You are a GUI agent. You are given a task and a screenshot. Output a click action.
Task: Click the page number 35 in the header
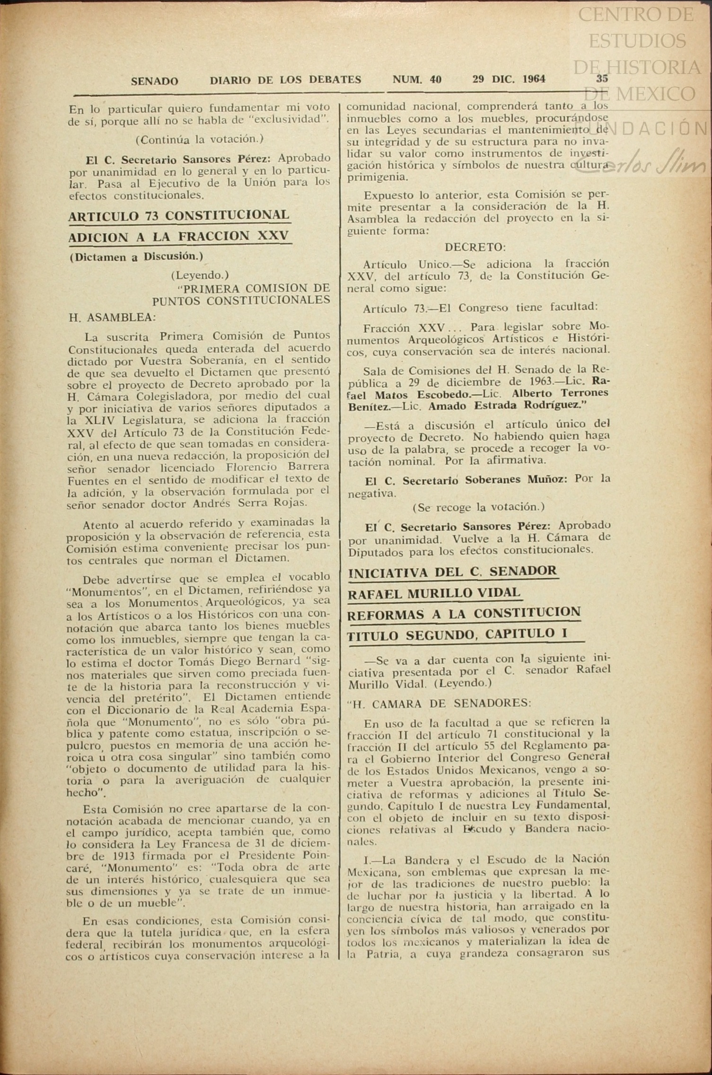point(602,79)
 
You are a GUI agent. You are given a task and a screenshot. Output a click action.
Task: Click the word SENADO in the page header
point(155,81)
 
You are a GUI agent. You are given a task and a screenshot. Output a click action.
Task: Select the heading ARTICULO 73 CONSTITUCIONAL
point(179,216)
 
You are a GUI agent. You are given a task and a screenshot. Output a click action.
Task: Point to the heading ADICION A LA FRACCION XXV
point(179,237)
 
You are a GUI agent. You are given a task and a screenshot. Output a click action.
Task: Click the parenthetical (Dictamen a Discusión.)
point(136,257)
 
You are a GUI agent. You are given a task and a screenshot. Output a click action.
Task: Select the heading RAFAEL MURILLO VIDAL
point(434,592)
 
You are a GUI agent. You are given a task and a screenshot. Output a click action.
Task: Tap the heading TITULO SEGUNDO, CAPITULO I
point(457,634)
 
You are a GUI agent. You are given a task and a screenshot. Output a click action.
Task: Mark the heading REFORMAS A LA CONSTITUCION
point(464,613)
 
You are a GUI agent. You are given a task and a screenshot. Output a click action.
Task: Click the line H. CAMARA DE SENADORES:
point(439,704)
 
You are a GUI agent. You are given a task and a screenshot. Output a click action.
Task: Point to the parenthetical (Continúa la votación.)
point(199,140)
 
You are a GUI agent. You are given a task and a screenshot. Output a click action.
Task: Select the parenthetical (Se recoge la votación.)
point(478,507)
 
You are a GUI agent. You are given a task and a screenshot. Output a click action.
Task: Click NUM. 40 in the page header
point(417,79)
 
